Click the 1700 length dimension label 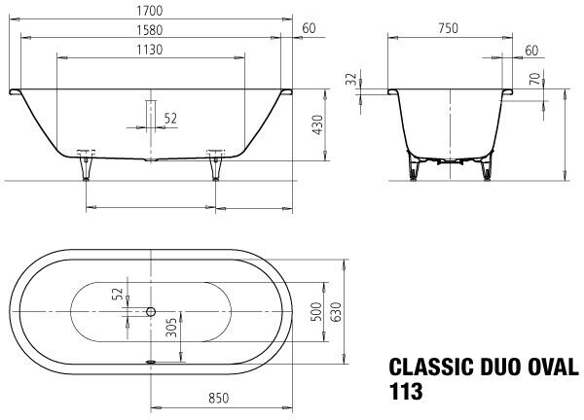[x=149, y=11]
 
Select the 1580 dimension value [x=149, y=30]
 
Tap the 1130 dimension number [x=149, y=50]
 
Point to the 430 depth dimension [x=317, y=125]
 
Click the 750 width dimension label [x=448, y=28]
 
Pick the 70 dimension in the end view [x=534, y=79]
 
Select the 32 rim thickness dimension [x=351, y=80]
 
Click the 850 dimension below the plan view [x=219, y=399]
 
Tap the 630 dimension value [x=336, y=312]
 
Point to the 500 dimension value [x=315, y=312]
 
